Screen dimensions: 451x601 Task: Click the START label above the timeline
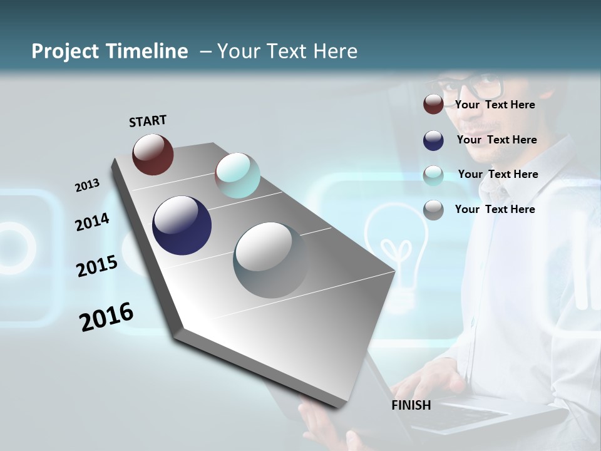[x=148, y=121]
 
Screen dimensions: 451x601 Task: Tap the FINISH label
[x=411, y=405]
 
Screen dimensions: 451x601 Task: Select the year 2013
[x=87, y=185]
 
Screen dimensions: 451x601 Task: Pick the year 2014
[x=92, y=222]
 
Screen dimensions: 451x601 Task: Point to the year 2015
[x=97, y=266]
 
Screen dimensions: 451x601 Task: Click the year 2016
[x=106, y=317]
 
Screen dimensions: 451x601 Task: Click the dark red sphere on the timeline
[x=153, y=154]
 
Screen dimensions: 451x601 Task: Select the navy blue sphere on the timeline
[x=182, y=225]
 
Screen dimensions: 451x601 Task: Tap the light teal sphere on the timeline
[x=237, y=175]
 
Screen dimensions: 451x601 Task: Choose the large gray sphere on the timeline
[x=271, y=260]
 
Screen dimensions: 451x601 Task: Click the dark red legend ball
[x=433, y=105]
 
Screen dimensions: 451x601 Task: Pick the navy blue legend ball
[x=433, y=140]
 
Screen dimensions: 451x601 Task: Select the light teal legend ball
[x=433, y=175]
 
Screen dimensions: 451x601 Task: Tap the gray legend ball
[x=433, y=210]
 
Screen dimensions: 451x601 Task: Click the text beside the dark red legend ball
[x=495, y=105]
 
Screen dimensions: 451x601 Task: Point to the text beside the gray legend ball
[x=495, y=209]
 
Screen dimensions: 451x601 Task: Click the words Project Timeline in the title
[x=110, y=51]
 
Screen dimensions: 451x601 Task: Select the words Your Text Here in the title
[x=287, y=51]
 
